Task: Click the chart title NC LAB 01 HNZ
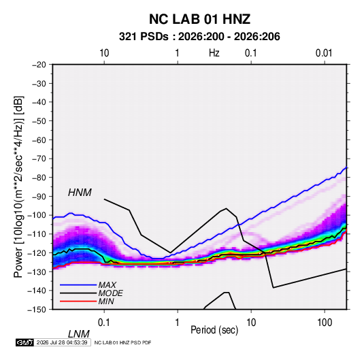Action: pos(199,19)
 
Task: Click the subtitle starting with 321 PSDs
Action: pos(199,37)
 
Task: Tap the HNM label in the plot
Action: pos(80,193)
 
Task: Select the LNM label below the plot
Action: pos(78,334)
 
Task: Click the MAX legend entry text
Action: pos(107,285)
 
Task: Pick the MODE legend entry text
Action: pos(110,293)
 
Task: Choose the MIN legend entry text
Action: pos(106,301)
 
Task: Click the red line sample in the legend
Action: pos(78,301)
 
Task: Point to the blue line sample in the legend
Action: pos(78,285)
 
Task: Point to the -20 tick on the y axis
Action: pos(39,65)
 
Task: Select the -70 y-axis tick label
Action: pos(39,159)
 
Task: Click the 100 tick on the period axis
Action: pos(325,323)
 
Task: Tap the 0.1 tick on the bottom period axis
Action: pos(104,323)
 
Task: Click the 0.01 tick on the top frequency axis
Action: pos(324,53)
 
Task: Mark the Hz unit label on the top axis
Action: pos(214,53)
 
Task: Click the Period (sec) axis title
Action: pos(214,330)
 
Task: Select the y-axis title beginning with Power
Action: pos(18,186)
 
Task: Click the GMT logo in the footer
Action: pos(24,342)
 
